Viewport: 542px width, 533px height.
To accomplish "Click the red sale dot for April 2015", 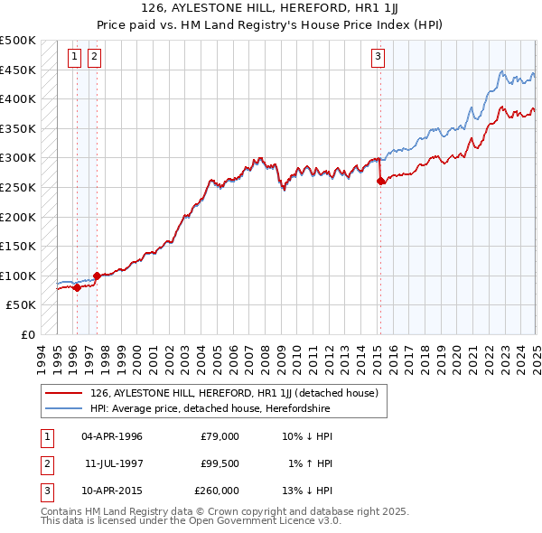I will pyautogui.click(x=380, y=182).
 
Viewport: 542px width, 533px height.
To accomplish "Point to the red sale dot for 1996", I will pyautogui.click(x=77, y=288).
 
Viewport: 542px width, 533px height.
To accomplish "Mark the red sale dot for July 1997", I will pyautogui.click(x=97, y=276).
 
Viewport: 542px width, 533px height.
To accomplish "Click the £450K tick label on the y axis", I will pyautogui.click(x=18, y=70).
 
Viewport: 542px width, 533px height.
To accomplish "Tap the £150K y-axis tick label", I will pyautogui.click(x=18, y=246).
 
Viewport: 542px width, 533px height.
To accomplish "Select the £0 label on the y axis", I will pyautogui.click(x=27, y=334).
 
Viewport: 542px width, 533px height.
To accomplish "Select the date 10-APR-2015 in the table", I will pyautogui.click(x=112, y=491).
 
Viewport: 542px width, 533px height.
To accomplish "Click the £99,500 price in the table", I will pyautogui.click(x=220, y=463).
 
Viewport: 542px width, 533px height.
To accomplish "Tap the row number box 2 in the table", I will pyautogui.click(x=44, y=463).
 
